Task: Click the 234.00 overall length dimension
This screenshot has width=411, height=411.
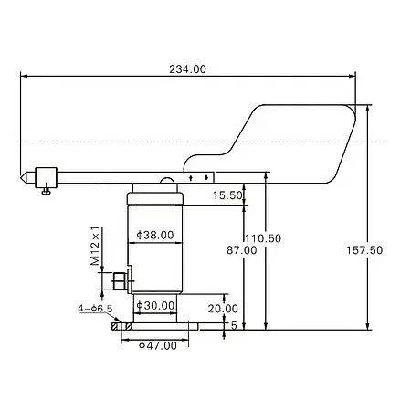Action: point(188,69)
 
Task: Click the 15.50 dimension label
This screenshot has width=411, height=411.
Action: point(227,195)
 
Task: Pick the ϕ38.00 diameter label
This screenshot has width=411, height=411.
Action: point(154,235)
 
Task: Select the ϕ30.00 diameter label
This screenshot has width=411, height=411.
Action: point(154,306)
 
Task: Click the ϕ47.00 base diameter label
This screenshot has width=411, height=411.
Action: point(158,345)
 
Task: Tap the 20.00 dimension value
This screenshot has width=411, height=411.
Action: point(223,308)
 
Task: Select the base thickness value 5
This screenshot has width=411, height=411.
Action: point(234,324)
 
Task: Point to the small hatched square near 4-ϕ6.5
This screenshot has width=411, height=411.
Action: point(115,325)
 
